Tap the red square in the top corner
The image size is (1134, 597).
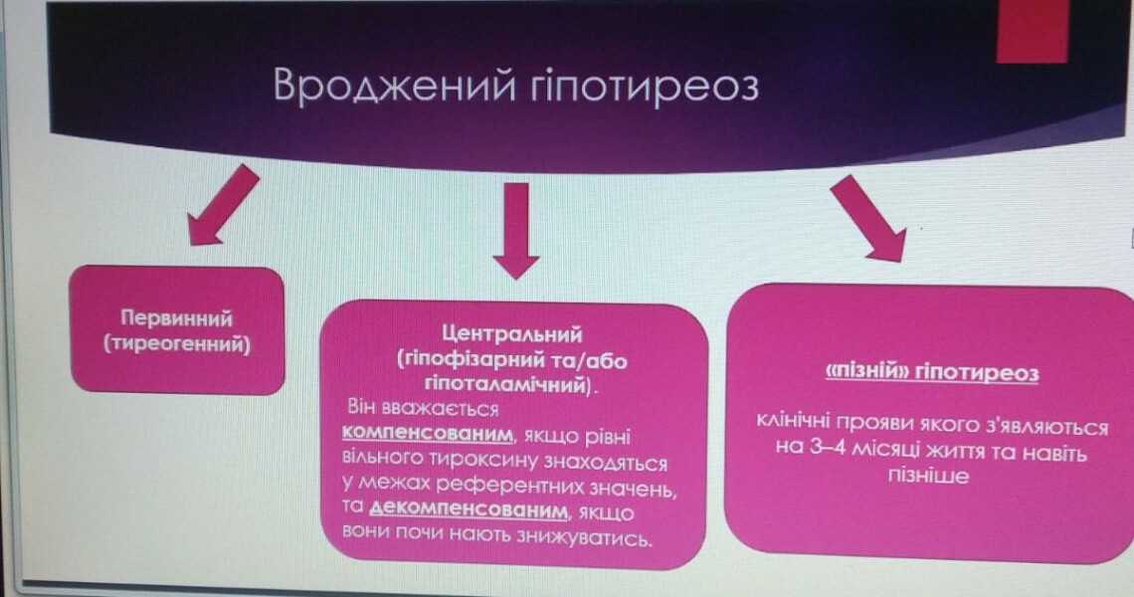1031,32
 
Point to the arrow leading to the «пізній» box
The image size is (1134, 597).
866,219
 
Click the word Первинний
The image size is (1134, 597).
176,319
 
